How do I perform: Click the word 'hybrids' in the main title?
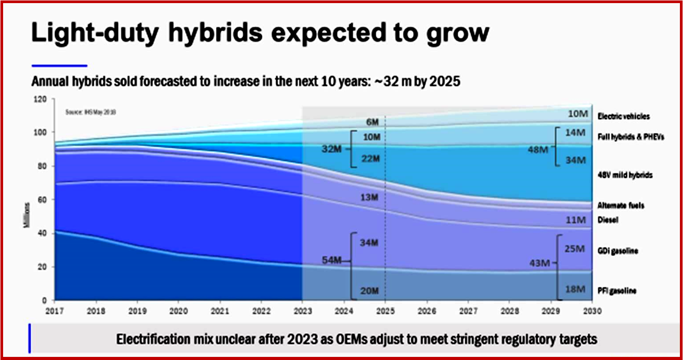click(x=215, y=33)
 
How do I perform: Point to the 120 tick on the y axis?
click(x=40, y=99)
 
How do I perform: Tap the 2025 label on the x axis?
click(x=385, y=311)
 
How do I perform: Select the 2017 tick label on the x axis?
click(x=54, y=311)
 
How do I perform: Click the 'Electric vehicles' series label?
click(x=623, y=116)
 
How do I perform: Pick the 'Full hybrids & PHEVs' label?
click(x=631, y=137)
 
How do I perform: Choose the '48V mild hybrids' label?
click(x=625, y=175)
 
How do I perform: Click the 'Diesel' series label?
click(x=608, y=220)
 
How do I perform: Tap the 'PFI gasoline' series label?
click(x=617, y=291)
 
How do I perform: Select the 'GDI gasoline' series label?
click(x=617, y=251)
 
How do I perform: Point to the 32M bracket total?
click(x=332, y=149)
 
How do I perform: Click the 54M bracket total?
click(x=332, y=260)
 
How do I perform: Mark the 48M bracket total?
click(x=538, y=150)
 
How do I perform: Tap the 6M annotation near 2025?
click(x=372, y=122)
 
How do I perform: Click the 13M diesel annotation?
click(x=369, y=197)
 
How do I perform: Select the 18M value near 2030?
click(x=575, y=289)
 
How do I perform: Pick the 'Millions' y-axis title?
click(x=27, y=216)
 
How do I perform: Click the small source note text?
click(x=91, y=112)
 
